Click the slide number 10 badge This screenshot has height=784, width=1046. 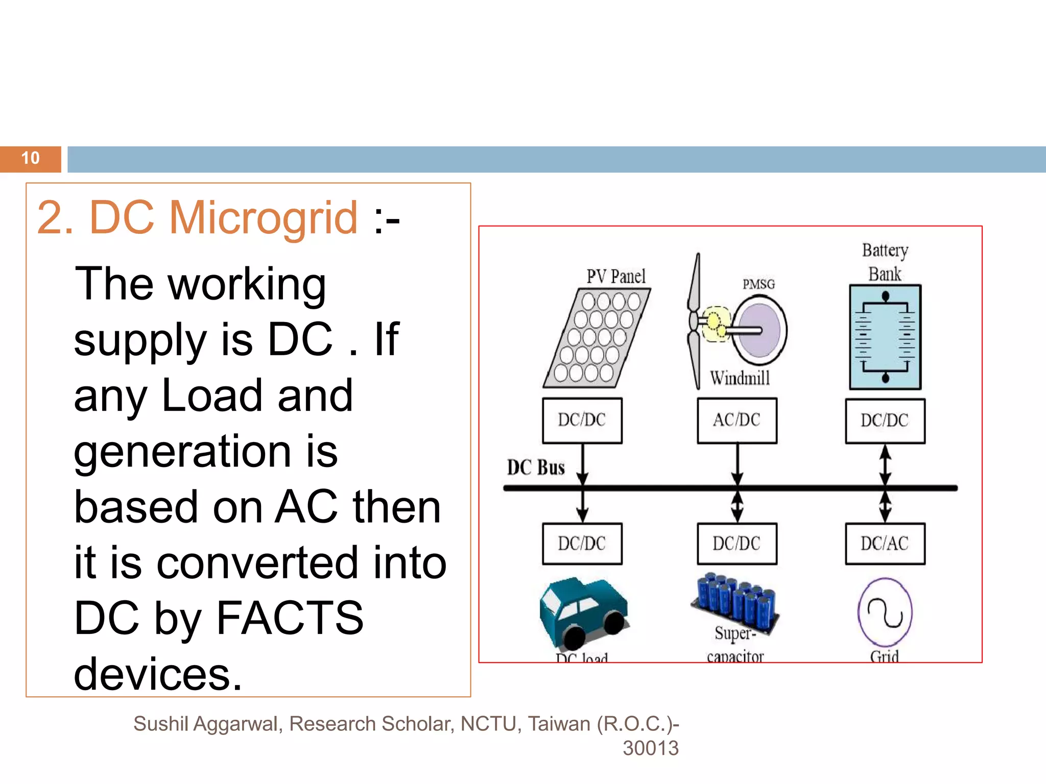[x=31, y=159]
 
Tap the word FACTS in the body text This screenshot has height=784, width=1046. [x=290, y=618]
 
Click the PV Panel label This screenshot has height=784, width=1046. [x=616, y=277]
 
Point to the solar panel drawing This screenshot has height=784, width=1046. [x=597, y=338]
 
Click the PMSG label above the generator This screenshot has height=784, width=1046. [x=758, y=284]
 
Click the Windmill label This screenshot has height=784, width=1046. [x=740, y=378]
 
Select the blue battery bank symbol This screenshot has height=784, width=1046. [x=885, y=337]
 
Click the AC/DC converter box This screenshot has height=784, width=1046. [x=737, y=421]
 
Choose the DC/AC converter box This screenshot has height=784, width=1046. [x=885, y=544]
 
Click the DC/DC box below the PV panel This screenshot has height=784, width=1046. [x=582, y=421]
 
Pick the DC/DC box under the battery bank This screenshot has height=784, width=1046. [x=885, y=421]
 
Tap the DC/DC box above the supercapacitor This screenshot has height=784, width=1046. [x=737, y=544]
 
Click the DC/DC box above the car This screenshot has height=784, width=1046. [x=582, y=544]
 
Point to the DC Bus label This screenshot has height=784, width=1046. [x=536, y=468]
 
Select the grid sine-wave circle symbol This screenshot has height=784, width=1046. [x=885, y=612]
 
